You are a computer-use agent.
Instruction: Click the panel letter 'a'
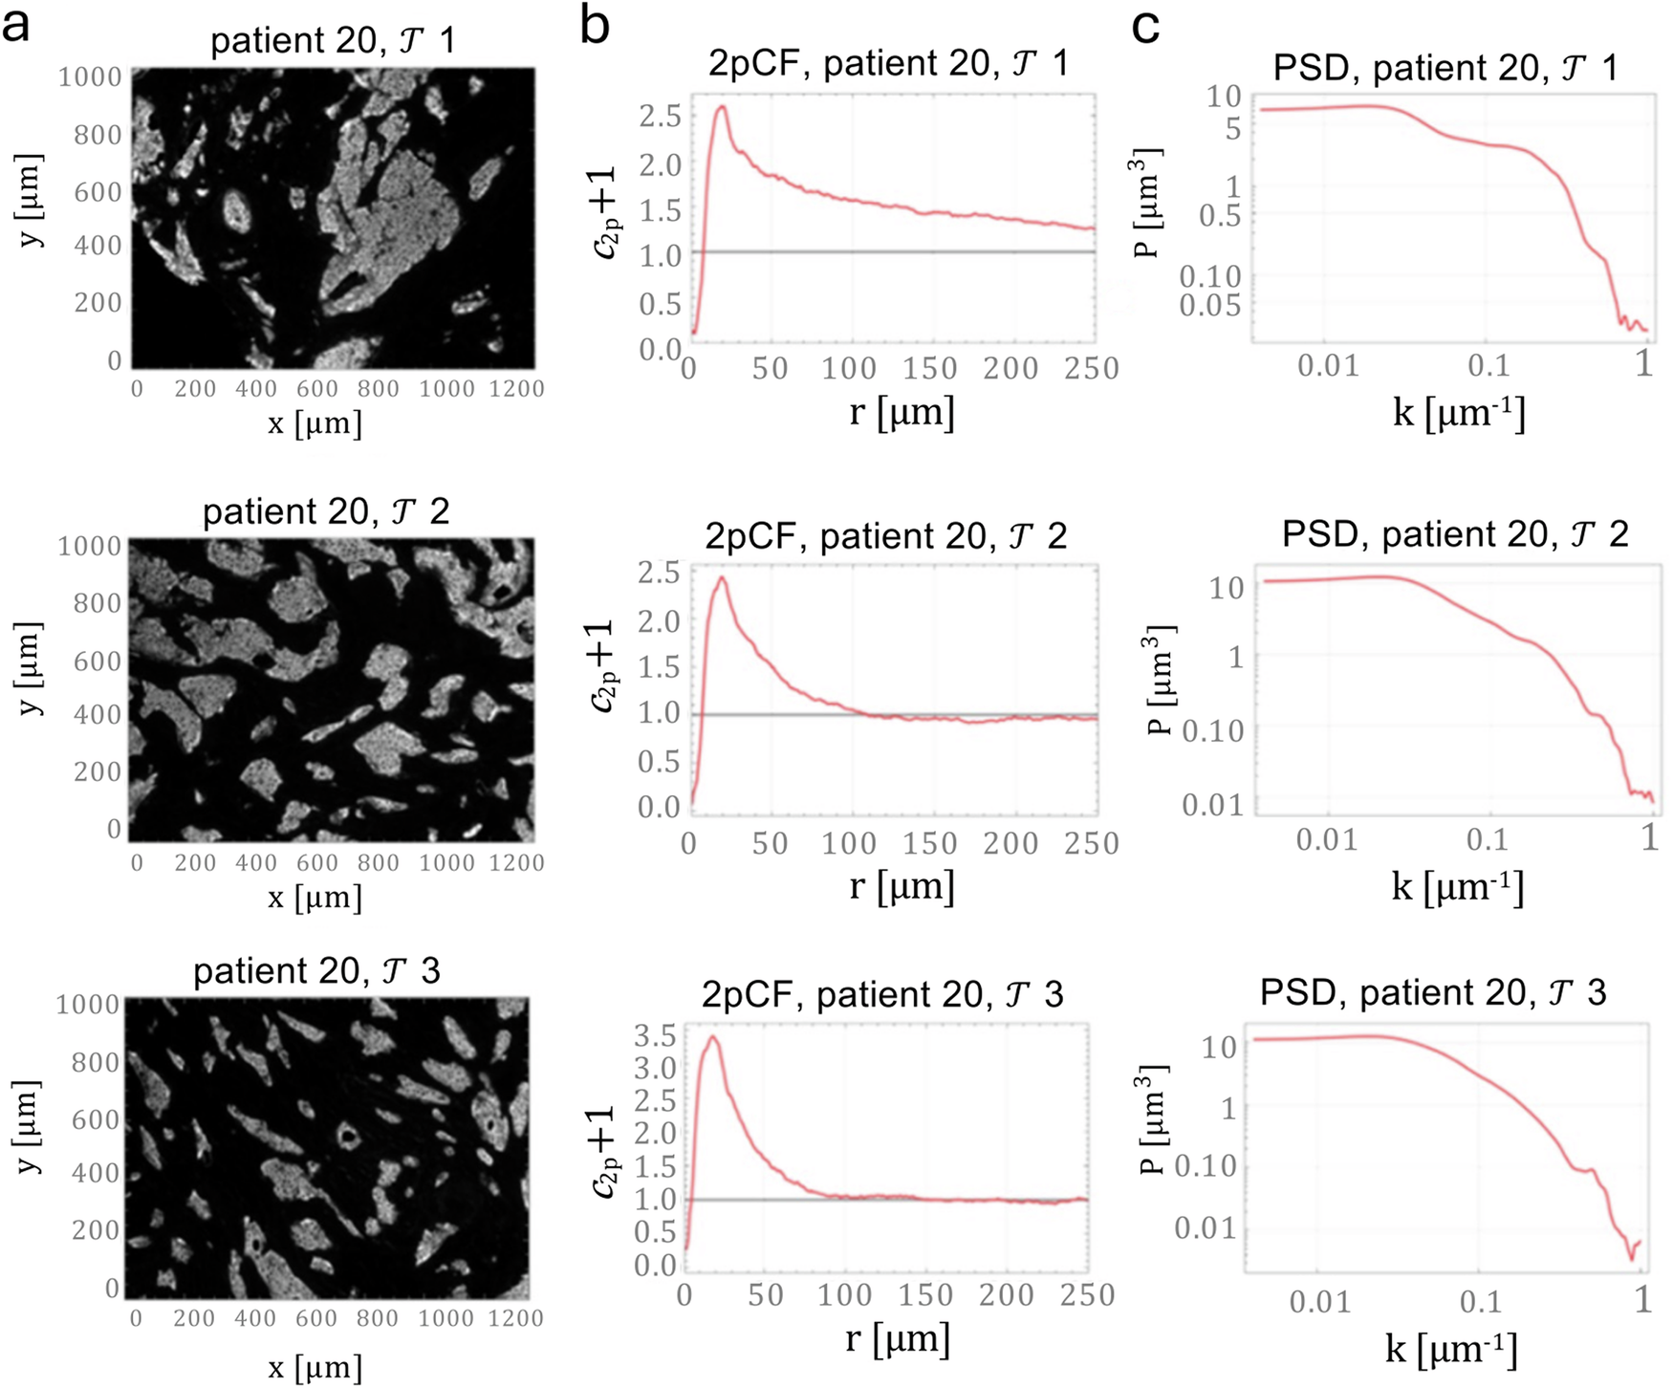(16, 26)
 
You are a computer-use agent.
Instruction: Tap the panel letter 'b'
(595, 26)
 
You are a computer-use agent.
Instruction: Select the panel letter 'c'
(1146, 26)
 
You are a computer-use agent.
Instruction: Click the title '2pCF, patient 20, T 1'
(888, 63)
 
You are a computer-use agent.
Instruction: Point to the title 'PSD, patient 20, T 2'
(1455, 534)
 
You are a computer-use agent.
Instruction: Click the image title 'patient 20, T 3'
(316, 971)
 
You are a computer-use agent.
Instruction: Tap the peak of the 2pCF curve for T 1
(722, 107)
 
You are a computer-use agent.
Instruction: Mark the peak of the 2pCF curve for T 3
(711, 1037)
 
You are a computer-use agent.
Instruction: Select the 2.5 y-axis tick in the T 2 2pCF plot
(659, 574)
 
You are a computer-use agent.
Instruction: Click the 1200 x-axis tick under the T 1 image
(516, 389)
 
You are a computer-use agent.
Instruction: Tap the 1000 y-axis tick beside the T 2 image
(90, 547)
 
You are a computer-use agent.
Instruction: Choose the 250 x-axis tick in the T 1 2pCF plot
(1092, 369)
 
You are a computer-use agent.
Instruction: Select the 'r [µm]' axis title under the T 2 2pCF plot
(902, 886)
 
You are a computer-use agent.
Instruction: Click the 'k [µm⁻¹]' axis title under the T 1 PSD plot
(1459, 414)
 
